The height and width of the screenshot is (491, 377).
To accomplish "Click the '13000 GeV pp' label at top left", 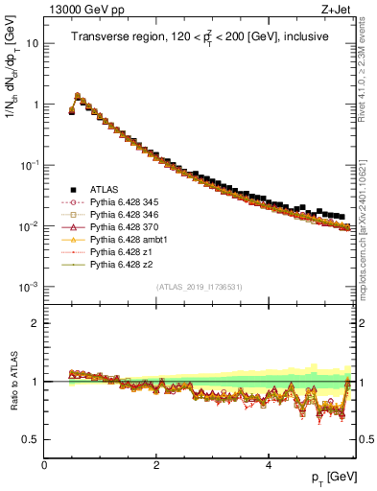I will pyautogui.click(x=79, y=10).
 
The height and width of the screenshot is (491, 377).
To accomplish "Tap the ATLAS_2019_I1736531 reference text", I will pyautogui.click(x=200, y=287).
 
